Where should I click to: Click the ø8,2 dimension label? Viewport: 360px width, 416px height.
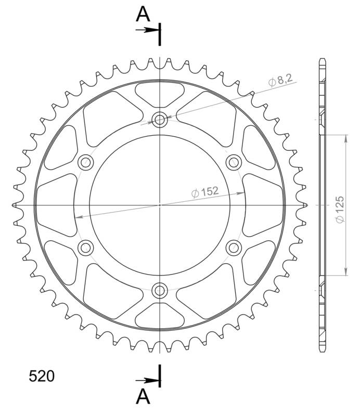pyautogui.click(x=280, y=80)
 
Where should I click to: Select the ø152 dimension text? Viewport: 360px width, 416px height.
pyautogui.click(x=204, y=191)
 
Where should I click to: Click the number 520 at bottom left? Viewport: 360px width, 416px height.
pyautogui.click(x=41, y=376)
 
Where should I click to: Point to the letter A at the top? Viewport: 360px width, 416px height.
pyautogui.click(x=143, y=15)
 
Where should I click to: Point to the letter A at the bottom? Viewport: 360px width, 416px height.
pyautogui.click(x=143, y=397)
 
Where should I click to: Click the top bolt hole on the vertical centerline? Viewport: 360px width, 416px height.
pyautogui.click(x=160, y=120)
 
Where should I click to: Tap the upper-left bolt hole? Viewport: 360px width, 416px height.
pyautogui.click(x=85, y=163)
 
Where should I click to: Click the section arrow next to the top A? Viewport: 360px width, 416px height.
pyautogui.click(x=150, y=30)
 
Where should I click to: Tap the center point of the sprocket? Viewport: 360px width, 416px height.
pyautogui.click(x=160, y=205)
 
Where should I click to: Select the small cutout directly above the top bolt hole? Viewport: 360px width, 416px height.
pyautogui.click(x=160, y=94)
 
